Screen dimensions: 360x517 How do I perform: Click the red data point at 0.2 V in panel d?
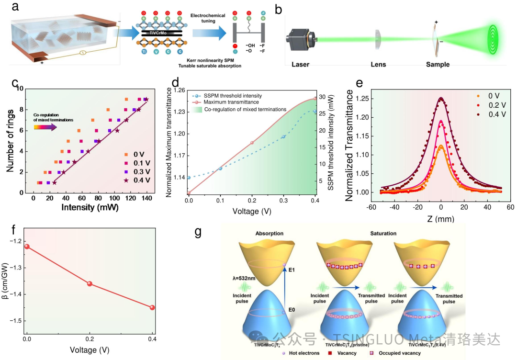[x=252, y=143]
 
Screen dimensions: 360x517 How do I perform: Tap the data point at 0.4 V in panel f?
[x=152, y=307]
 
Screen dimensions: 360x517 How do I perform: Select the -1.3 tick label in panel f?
[x=17, y=268]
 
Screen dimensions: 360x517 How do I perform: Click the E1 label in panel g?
[x=291, y=270]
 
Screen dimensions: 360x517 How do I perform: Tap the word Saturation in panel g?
[x=382, y=234]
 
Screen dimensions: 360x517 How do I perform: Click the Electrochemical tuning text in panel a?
[x=208, y=19]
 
